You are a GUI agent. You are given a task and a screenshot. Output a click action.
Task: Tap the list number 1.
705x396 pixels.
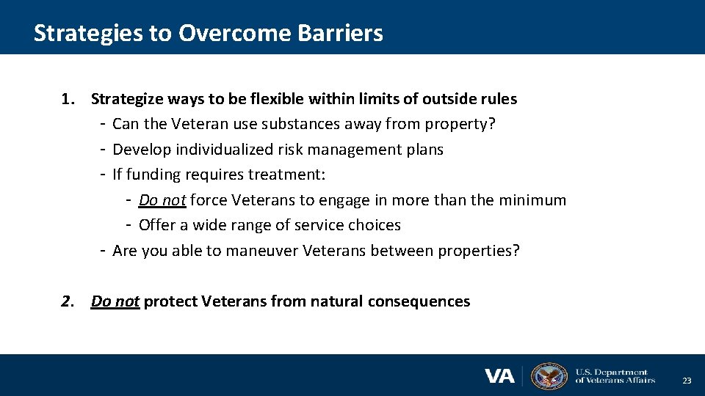pos(67,99)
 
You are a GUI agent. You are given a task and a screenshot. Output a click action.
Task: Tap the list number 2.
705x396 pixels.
pos(67,301)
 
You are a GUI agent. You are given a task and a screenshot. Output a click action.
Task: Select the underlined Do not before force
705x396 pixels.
pos(162,200)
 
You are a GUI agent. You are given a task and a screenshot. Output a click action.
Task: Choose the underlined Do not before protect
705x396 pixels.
pos(115,301)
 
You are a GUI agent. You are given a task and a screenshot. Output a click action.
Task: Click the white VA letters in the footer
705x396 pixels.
pos(499,376)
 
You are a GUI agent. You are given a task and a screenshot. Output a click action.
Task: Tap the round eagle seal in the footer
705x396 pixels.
pos(549,376)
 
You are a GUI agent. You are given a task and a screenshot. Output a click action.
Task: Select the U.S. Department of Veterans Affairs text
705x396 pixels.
pos(614,376)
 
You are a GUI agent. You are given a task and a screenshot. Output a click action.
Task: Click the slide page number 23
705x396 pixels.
pos(687,381)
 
